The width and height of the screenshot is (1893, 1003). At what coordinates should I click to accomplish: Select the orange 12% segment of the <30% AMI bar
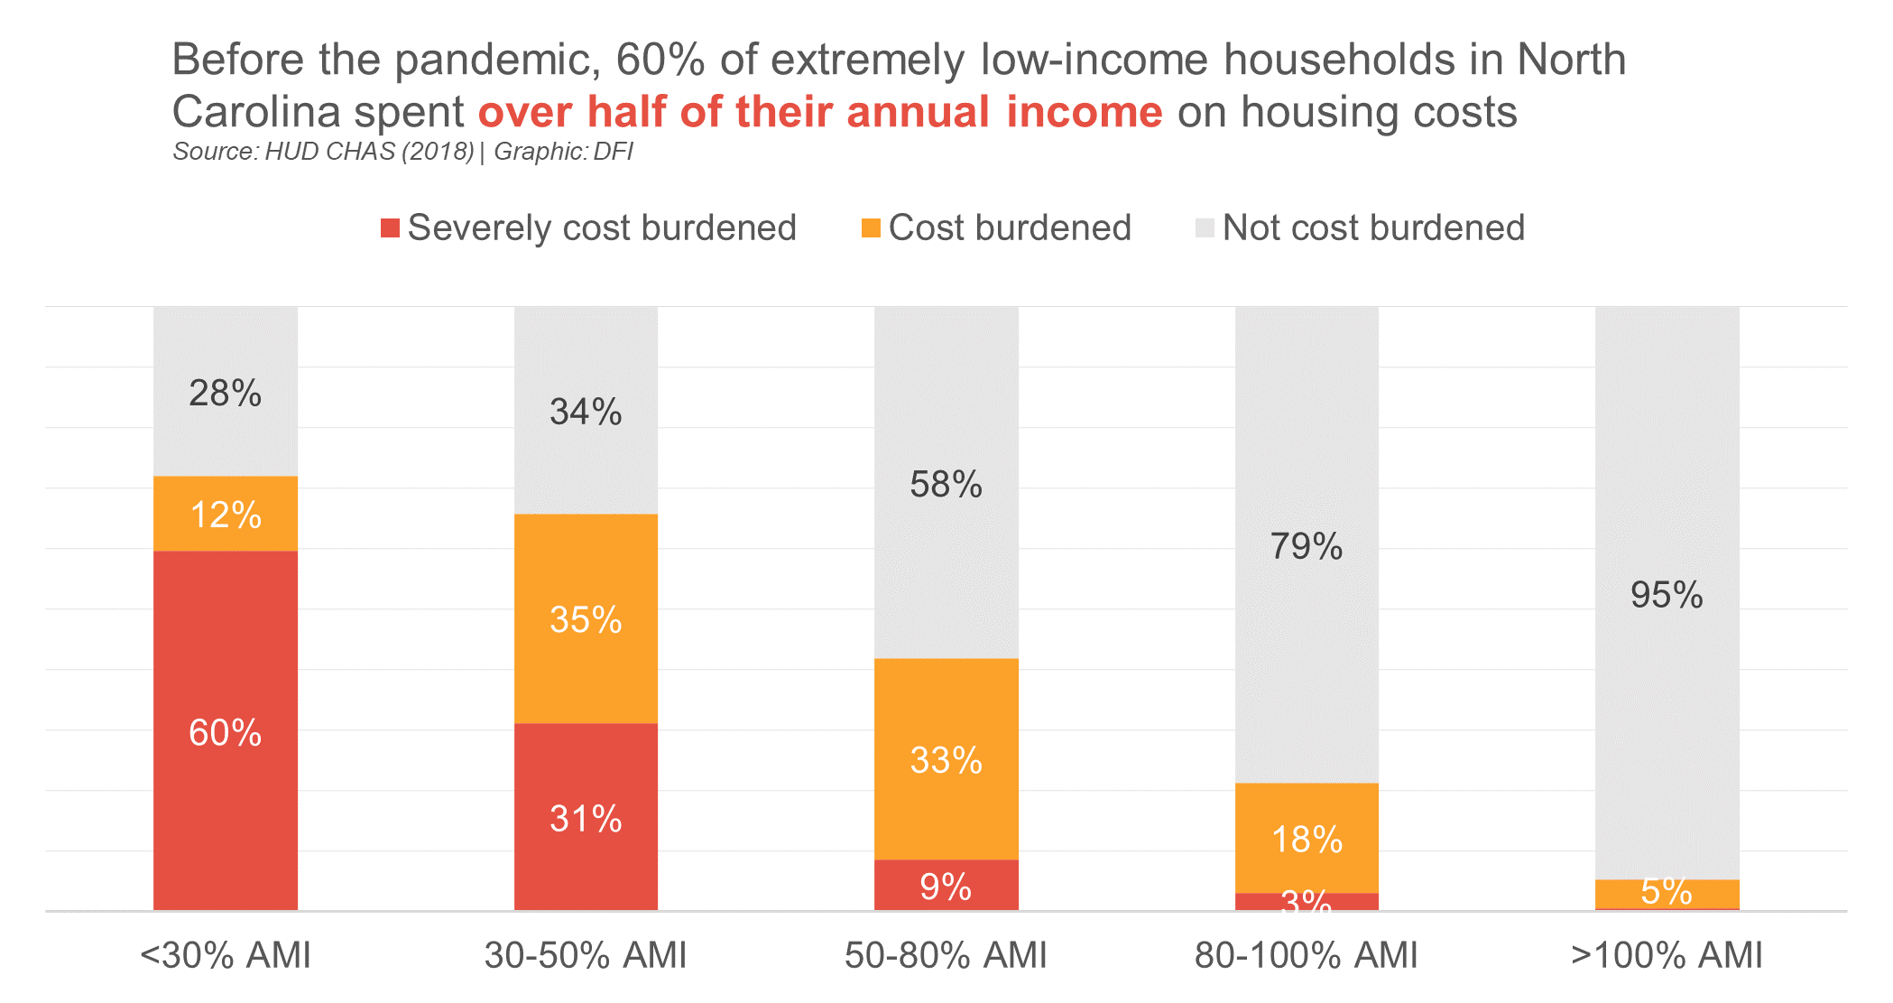(x=225, y=514)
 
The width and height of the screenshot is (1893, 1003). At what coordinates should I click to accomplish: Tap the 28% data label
(x=225, y=394)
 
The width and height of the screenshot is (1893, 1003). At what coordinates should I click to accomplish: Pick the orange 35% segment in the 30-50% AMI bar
(x=586, y=619)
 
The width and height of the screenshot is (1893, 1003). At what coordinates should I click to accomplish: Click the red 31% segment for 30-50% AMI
(x=586, y=818)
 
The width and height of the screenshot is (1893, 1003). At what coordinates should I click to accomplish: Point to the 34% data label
(x=586, y=412)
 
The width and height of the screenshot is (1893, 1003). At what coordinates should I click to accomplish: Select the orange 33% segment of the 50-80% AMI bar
(x=946, y=759)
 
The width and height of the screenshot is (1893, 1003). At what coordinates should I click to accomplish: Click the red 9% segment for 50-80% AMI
(x=946, y=886)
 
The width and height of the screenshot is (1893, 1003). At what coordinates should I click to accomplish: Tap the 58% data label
(x=946, y=485)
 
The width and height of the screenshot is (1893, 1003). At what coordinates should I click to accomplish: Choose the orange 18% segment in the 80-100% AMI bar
(x=1307, y=839)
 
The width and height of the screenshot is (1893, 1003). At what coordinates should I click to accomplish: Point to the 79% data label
(x=1307, y=546)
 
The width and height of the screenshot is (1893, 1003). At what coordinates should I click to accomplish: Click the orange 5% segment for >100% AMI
(x=1667, y=893)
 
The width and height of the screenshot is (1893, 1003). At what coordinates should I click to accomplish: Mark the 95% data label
(x=1667, y=595)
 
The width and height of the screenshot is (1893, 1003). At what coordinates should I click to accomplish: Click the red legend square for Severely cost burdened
(x=390, y=228)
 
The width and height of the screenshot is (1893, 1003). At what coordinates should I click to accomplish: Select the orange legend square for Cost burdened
(x=871, y=228)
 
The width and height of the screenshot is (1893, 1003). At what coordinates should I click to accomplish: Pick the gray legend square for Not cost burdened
(x=1205, y=228)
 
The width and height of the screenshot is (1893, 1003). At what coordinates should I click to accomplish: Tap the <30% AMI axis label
(x=225, y=955)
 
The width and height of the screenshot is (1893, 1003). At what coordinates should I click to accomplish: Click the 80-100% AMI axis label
(x=1307, y=955)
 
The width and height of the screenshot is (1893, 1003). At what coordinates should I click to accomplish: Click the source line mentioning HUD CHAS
(x=402, y=152)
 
